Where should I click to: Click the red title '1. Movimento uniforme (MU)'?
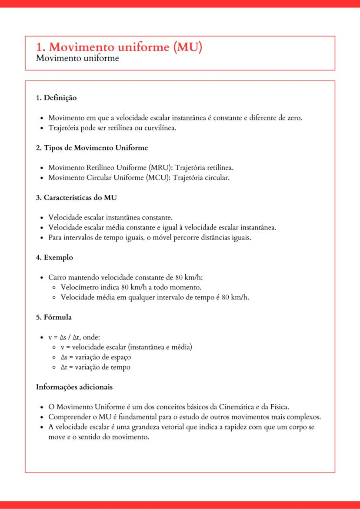point(119,47)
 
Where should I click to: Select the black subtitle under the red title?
point(77,58)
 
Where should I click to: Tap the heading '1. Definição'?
point(56,98)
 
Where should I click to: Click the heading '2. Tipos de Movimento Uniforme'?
point(92,148)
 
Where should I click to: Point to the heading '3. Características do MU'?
point(76,197)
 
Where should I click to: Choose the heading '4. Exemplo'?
point(54,257)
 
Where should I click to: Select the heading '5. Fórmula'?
point(54,317)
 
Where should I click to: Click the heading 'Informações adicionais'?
point(74,386)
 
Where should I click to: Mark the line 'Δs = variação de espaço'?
point(96,357)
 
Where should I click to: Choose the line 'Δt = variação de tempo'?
point(95,367)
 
